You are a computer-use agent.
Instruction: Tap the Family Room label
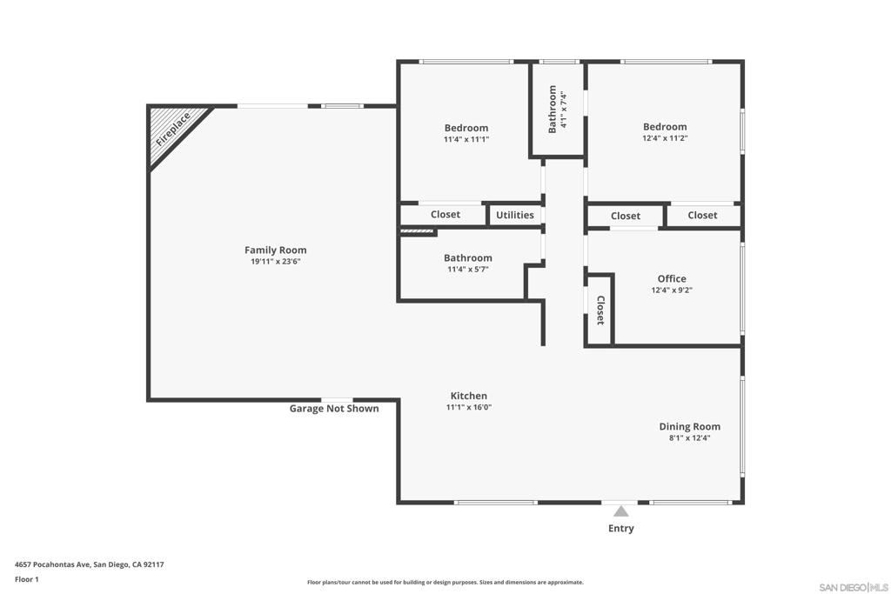(275, 250)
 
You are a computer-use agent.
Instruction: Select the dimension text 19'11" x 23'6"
(275, 262)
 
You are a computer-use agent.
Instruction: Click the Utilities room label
(515, 215)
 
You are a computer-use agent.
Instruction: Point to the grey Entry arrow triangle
(620, 511)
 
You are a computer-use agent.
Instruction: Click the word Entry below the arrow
(620, 529)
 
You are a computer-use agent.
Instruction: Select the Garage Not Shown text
(334, 409)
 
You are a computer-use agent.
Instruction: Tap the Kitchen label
(468, 396)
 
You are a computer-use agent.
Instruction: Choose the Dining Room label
(689, 426)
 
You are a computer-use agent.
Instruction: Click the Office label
(672, 279)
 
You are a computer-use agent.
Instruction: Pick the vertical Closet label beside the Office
(600, 310)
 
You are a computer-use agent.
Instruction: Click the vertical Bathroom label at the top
(553, 109)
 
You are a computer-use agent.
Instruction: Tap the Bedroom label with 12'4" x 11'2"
(665, 127)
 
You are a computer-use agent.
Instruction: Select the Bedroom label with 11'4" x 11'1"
(466, 128)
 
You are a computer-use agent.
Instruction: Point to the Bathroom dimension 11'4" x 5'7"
(467, 270)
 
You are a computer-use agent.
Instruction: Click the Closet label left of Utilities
(445, 215)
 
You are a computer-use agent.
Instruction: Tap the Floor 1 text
(27, 579)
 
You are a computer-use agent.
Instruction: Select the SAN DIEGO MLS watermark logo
(854, 586)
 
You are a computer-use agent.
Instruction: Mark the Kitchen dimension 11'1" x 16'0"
(469, 407)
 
